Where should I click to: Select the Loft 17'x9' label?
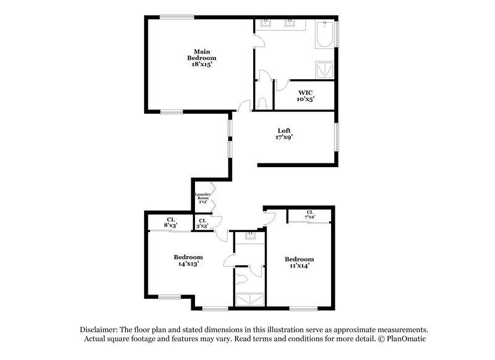point(284,134)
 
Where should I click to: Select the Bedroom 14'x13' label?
point(188,260)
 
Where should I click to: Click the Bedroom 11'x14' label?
point(299,262)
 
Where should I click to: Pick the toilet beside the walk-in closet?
point(263,101)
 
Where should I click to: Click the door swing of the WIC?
point(280,82)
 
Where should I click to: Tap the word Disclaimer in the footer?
point(100,330)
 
